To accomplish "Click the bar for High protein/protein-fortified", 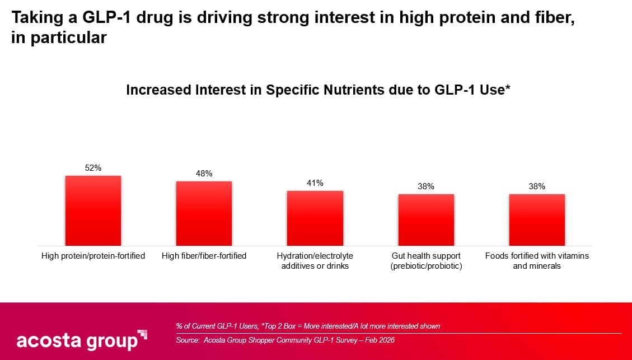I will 93,211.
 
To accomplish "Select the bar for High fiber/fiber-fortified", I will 204,213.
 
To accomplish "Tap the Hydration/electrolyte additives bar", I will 315,218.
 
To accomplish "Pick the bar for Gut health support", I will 426,220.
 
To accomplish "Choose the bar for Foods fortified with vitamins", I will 537,220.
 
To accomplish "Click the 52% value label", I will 93,168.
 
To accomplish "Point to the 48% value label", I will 204,174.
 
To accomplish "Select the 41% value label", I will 315,183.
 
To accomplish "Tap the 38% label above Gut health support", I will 426,186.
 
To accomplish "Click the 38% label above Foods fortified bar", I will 537,186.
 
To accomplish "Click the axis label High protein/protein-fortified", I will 93,256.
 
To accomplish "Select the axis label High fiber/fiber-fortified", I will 204,256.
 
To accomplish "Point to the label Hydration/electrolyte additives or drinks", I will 315,261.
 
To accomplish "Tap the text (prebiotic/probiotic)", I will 426,266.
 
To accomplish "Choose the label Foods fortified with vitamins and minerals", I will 537,261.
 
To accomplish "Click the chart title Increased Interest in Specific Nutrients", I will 318,90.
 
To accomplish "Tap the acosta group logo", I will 82,339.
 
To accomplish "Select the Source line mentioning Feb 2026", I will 285,340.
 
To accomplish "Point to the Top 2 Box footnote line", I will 308,326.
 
